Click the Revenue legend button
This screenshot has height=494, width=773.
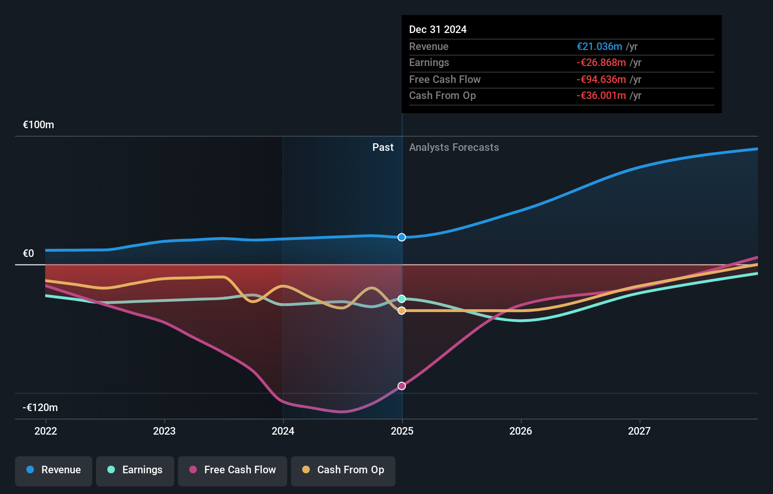pyautogui.click(x=54, y=470)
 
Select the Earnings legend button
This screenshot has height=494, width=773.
pyautogui.click(x=135, y=470)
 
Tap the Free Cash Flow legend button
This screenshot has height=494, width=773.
pyautogui.click(x=233, y=470)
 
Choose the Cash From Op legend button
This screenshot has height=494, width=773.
pyautogui.click(x=343, y=470)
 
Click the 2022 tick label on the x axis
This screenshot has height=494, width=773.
pyautogui.click(x=46, y=431)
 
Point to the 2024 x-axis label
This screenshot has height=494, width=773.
pyautogui.click(x=283, y=431)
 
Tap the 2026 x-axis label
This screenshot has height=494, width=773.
pyautogui.click(x=521, y=431)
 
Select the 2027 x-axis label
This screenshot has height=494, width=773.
pyautogui.click(x=639, y=431)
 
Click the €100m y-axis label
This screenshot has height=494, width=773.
pyautogui.click(x=39, y=125)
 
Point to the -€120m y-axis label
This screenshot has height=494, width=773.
pyautogui.click(x=40, y=407)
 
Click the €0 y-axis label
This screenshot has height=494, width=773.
pyautogui.click(x=29, y=254)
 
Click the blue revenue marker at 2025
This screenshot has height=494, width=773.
pyautogui.click(x=402, y=237)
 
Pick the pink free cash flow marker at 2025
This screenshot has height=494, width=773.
pyautogui.click(x=402, y=386)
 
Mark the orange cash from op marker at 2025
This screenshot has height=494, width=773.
pyautogui.click(x=402, y=311)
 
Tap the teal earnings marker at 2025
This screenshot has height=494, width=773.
pyautogui.click(x=402, y=299)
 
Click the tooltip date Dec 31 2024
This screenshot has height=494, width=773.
pyautogui.click(x=438, y=30)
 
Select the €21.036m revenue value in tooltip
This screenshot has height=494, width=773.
pyautogui.click(x=599, y=47)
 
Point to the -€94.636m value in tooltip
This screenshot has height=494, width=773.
pyautogui.click(x=601, y=80)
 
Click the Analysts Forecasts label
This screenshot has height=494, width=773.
pyautogui.click(x=454, y=148)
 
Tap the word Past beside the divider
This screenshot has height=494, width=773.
pyautogui.click(x=383, y=148)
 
